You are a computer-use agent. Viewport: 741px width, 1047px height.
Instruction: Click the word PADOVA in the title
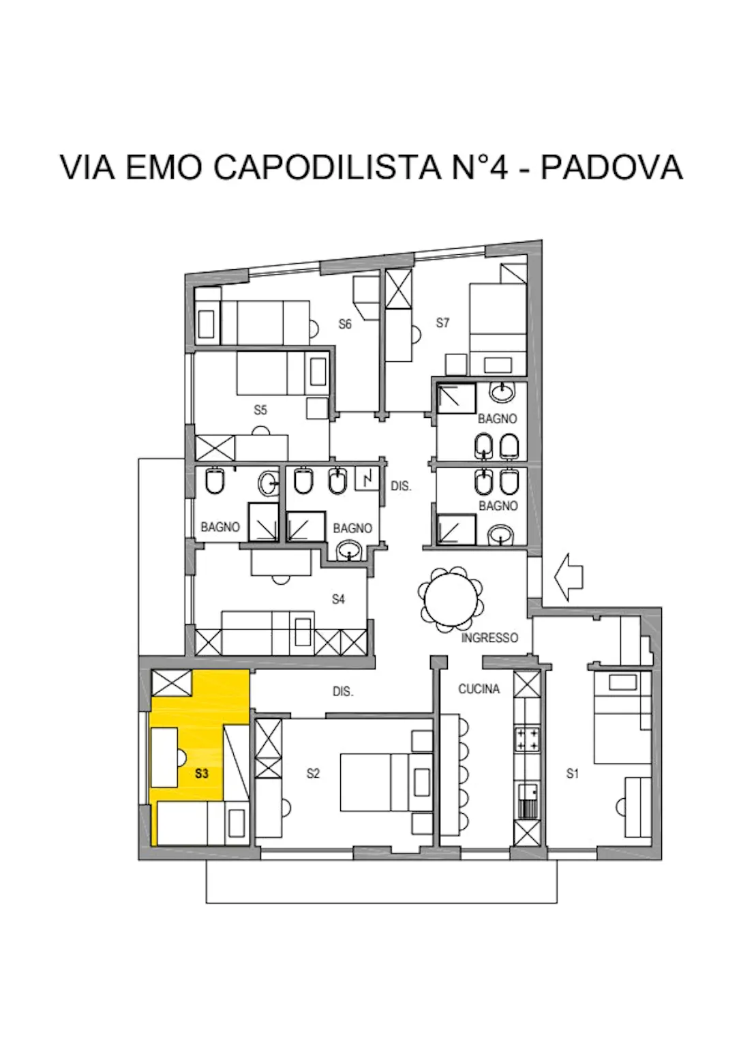click(611, 168)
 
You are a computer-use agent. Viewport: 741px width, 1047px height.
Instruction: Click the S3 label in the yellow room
click(201, 774)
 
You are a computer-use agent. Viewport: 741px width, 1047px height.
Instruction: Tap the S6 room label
click(345, 324)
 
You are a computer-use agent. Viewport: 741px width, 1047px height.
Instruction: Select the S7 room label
click(442, 322)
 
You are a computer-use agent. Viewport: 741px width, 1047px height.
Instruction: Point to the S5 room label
click(260, 410)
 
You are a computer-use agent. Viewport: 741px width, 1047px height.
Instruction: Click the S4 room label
click(338, 599)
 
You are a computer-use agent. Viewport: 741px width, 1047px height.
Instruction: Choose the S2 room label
click(313, 773)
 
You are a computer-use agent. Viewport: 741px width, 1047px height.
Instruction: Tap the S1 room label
click(573, 773)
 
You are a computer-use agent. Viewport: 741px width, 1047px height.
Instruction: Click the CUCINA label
click(479, 689)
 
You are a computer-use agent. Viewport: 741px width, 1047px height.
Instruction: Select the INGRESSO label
click(489, 638)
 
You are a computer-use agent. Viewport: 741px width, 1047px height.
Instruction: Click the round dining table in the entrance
click(450, 600)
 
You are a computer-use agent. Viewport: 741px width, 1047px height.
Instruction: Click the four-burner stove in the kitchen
click(527, 740)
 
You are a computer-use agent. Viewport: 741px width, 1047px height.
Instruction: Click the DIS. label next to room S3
click(342, 691)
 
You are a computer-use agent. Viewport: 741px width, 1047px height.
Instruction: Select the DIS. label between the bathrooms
click(401, 487)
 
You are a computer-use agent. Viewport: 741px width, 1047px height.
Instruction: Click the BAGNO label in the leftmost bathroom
click(220, 527)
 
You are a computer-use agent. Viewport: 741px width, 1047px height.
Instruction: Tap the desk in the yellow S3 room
click(164, 757)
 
